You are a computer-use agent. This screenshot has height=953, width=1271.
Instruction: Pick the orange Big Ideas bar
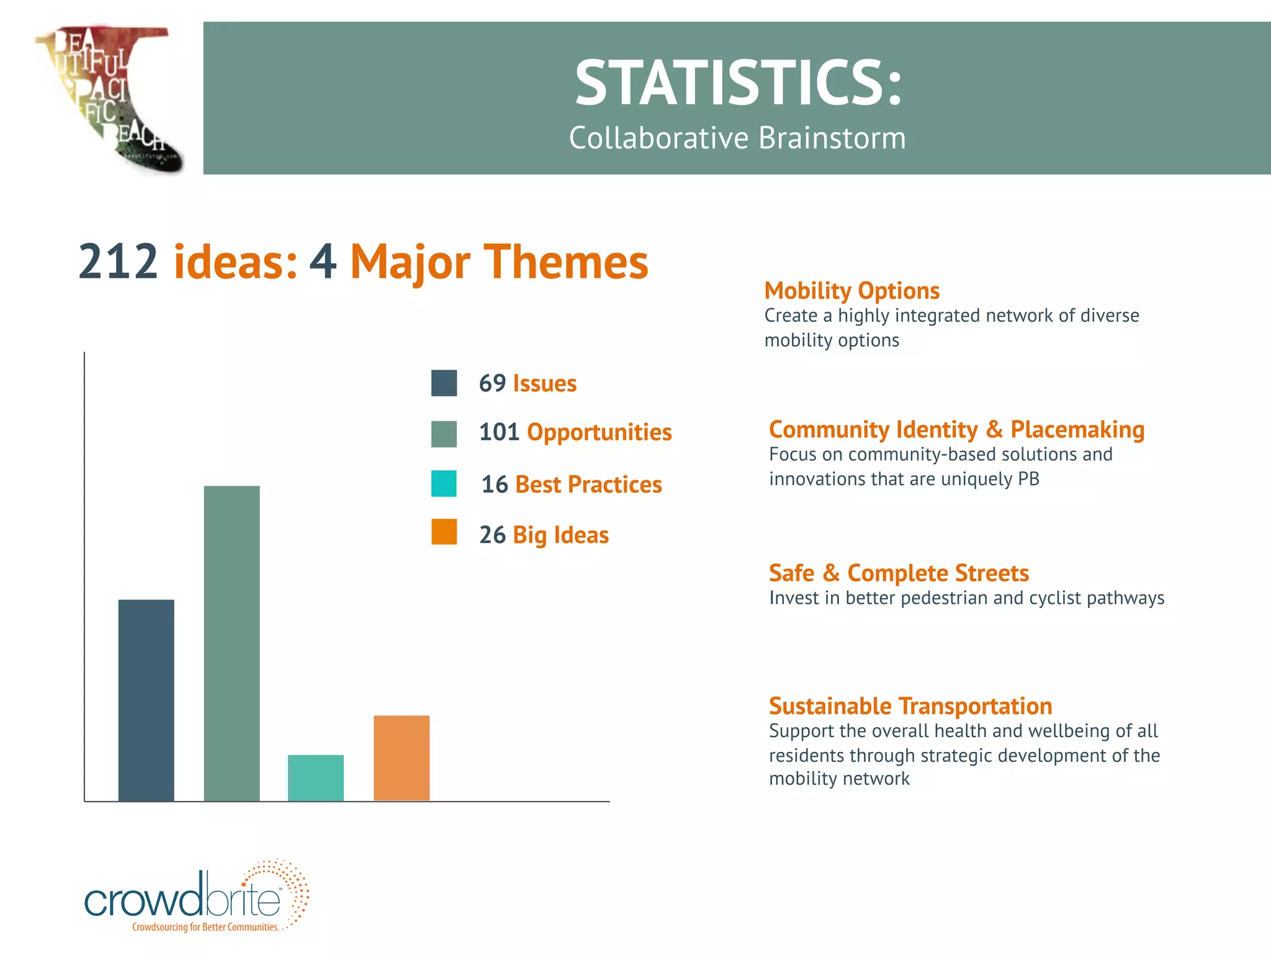401,758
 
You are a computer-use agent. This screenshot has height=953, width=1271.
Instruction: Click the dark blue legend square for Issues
444,383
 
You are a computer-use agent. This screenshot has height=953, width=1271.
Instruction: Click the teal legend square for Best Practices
444,483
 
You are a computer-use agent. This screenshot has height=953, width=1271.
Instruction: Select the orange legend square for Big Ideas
444,532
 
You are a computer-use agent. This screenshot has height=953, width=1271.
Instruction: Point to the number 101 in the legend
498,432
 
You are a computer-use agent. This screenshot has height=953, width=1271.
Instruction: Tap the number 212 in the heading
118,262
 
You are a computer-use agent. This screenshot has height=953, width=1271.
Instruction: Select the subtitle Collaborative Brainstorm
737,138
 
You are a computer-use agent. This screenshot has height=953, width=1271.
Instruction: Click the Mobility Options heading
851,290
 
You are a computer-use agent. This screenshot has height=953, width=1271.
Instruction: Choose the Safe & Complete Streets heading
899,573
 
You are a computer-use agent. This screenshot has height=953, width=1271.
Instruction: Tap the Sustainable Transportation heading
910,706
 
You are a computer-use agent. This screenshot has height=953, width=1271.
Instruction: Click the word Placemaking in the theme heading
1077,429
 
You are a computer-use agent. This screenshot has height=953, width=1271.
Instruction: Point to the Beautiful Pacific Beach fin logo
109,96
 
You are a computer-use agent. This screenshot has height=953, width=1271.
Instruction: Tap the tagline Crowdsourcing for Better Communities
205,927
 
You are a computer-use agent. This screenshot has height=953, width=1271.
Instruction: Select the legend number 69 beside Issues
492,383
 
